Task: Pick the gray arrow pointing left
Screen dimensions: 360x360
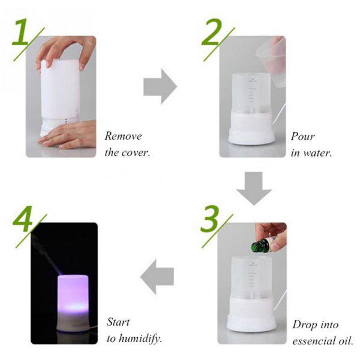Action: [x=157, y=277]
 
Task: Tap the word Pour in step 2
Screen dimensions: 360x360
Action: [x=302, y=136]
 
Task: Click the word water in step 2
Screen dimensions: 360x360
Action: [x=319, y=152]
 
